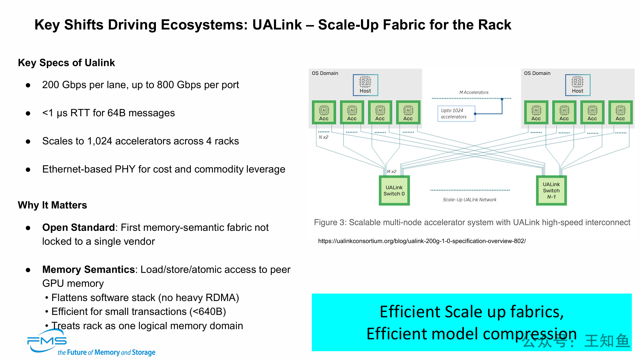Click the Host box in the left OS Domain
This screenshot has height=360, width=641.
[x=365, y=85]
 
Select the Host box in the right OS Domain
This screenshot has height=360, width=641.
[x=578, y=85]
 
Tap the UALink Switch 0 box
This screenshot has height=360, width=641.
[x=394, y=190]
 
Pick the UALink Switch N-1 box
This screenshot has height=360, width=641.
[x=551, y=190]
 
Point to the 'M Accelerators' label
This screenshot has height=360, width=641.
[x=474, y=92]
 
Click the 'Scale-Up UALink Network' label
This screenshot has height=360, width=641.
[x=469, y=200]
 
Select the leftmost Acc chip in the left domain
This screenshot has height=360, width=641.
[x=324, y=112]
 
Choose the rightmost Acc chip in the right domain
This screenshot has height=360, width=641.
[x=620, y=112]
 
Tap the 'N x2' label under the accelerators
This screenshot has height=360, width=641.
[x=323, y=137]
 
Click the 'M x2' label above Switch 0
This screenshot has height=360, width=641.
[x=392, y=172]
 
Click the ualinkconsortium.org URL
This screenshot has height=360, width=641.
[x=422, y=241]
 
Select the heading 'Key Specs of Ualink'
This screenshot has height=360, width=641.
[x=66, y=63]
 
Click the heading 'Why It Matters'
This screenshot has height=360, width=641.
[x=53, y=205]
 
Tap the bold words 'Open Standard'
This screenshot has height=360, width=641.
[x=78, y=227]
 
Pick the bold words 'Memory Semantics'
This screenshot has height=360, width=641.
[x=88, y=269]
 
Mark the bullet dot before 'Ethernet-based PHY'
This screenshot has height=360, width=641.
[x=28, y=169]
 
